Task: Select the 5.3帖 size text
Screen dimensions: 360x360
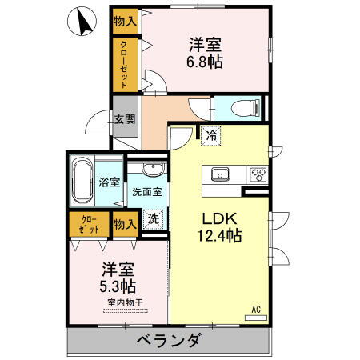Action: click(x=118, y=286)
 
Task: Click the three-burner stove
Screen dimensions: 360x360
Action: click(x=258, y=175)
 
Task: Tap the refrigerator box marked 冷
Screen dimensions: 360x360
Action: click(x=210, y=136)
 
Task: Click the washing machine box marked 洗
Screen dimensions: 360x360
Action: click(x=154, y=218)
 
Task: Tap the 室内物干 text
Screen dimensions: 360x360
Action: click(x=124, y=302)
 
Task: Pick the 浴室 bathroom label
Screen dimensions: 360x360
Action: click(x=110, y=182)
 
